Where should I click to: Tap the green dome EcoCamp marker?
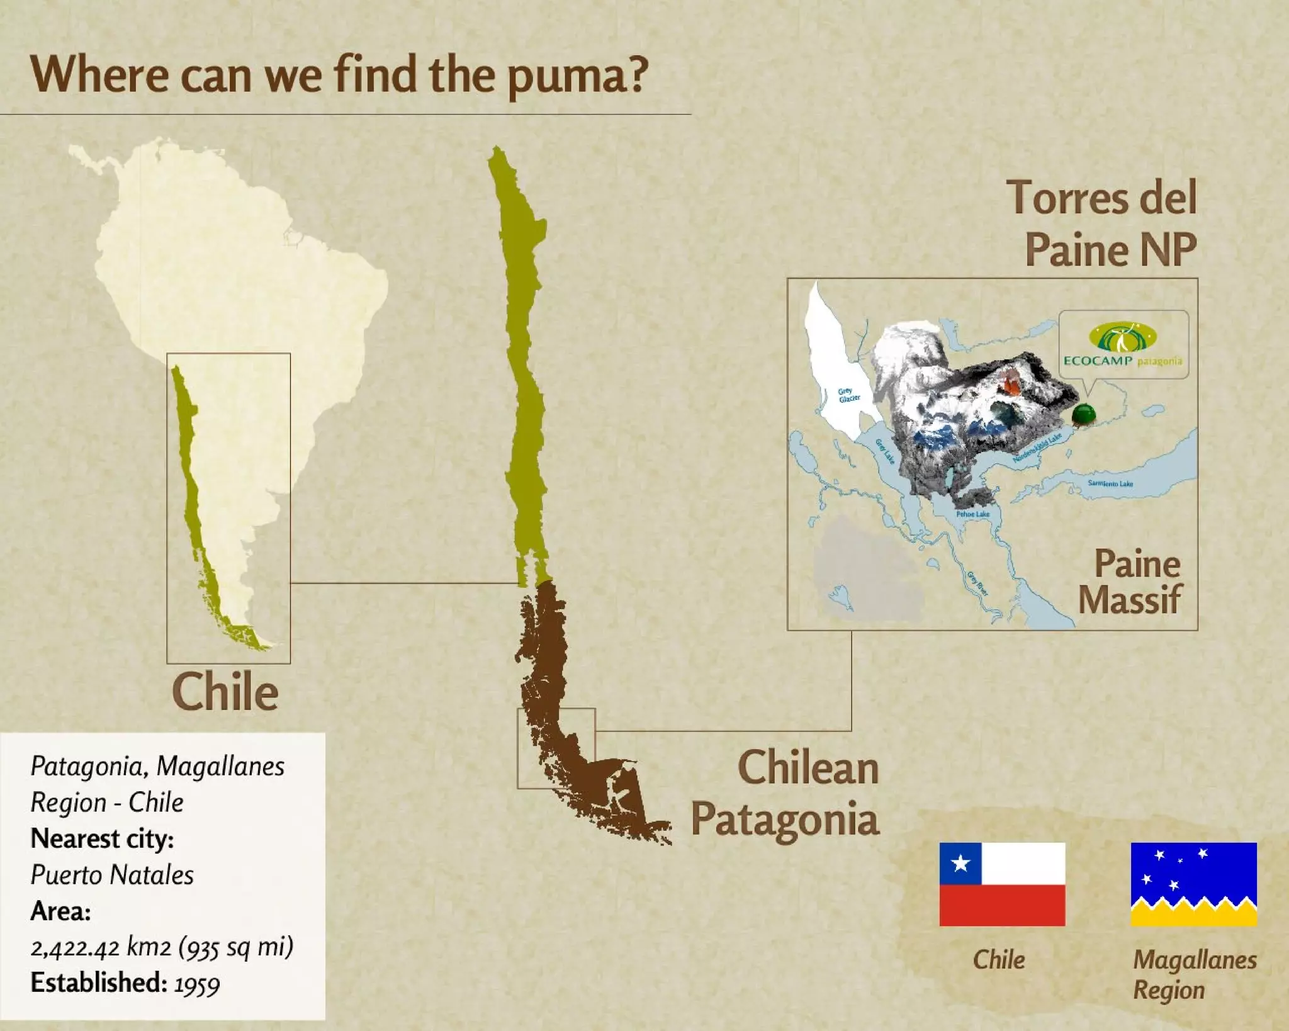1084,414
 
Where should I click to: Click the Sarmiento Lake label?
1110,483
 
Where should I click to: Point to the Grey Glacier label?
848,395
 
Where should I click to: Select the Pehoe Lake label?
972,514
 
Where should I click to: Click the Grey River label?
977,583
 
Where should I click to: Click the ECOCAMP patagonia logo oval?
1123,337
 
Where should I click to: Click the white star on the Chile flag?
960,863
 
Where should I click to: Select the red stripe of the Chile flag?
1002,905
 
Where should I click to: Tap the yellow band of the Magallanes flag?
1193,916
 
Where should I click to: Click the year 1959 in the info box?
197,984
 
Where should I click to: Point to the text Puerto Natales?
112,875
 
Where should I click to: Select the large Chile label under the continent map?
225,692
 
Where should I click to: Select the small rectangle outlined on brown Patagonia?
556,748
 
